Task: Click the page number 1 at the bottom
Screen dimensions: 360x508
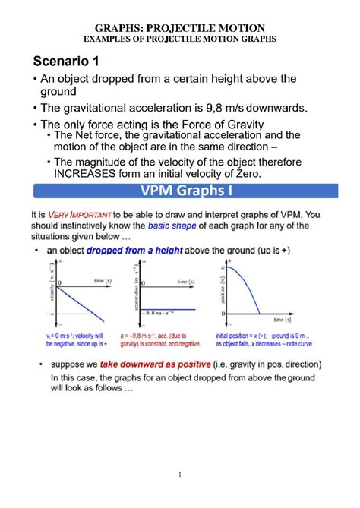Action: click(180, 475)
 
